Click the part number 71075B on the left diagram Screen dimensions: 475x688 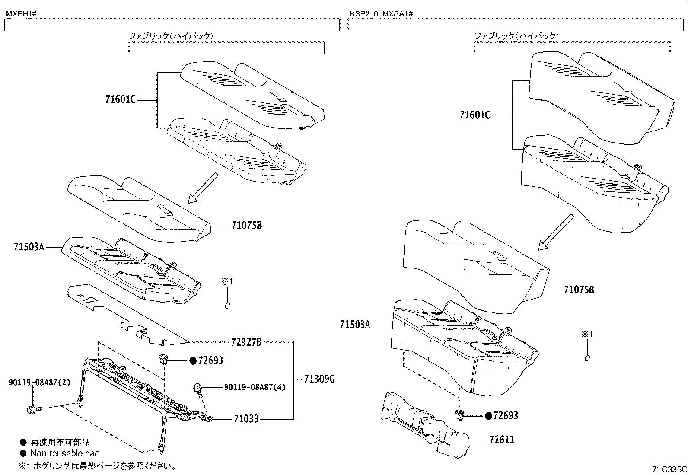click(x=247, y=226)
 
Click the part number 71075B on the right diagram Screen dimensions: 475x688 click(x=579, y=290)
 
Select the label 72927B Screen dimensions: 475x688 click(x=246, y=342)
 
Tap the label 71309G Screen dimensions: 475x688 click(x=319, y=379)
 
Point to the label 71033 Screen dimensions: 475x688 click(x=246, y=419)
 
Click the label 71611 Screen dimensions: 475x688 click(x=502, y=440)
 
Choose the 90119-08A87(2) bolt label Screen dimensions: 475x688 click(x=39, y=382)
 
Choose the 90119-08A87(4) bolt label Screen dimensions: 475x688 click(x=255, y=387)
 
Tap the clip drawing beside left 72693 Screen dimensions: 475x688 click(x=163, y=359)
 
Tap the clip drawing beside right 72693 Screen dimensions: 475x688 click(x=460, y=415)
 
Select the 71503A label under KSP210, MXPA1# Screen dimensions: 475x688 click(x=355, y=324)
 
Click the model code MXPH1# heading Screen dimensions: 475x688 click(x=20, y=13)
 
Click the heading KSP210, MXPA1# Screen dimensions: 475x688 click(x=381, y=13)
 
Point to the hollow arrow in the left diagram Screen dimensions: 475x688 click(x=203, y=188)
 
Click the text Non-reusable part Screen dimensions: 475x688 click(x=65, y=453)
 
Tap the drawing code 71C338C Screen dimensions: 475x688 click(x=669, y=469)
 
